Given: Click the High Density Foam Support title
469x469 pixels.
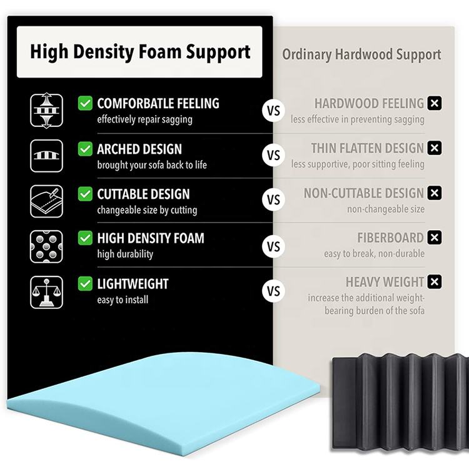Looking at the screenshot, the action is coord(139,51).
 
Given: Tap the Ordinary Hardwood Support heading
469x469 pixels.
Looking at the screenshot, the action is coord(361,54).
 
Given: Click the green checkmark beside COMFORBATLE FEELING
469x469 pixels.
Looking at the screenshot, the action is coord(85,103).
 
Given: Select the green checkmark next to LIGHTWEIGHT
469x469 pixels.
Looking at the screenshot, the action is coord(85,284).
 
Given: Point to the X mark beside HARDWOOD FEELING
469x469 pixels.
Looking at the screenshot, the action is coord(435,103).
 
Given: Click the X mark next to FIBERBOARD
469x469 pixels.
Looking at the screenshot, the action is coord(435,238).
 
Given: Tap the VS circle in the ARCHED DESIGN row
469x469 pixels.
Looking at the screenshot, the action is coord(273,156).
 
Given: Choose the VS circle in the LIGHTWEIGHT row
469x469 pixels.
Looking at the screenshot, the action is coord(273,291).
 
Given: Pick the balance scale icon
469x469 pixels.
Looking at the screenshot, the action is coord(47,292).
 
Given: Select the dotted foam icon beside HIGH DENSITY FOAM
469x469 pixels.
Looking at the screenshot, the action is coord(47,246).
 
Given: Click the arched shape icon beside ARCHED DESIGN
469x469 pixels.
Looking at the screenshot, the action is coord(47,156).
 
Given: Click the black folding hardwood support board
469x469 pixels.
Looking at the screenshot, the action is coord(400,400).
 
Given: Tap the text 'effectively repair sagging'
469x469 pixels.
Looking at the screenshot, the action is coord(144,119).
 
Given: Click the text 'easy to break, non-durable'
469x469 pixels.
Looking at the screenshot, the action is coord(374,253).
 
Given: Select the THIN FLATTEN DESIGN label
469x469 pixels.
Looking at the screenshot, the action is coord(368,148).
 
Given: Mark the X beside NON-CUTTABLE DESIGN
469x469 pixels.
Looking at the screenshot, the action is coord(435,193).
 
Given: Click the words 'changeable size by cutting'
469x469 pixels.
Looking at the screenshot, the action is coord(147,210).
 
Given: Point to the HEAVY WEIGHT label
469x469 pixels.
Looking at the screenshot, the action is coord(385,282).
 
